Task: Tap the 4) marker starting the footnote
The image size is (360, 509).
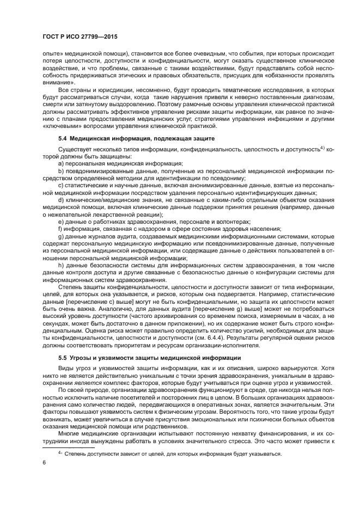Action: click(x=61, y=453)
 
